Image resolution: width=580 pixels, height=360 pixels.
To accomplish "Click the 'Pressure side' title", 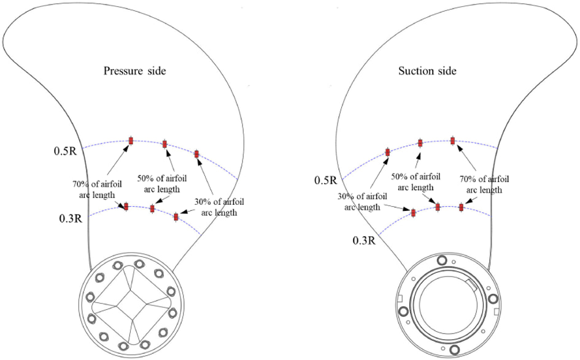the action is click(134, 71).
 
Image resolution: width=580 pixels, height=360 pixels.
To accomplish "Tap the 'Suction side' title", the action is click(427, 71).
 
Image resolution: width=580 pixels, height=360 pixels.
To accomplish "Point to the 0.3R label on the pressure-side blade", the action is click(71, 218).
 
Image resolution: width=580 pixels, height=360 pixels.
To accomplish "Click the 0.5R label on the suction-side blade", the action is click(325, 180).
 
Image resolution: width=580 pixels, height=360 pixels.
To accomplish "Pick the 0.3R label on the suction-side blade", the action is click(364, 241).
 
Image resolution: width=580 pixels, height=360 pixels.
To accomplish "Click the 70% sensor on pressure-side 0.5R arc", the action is click(131, 140).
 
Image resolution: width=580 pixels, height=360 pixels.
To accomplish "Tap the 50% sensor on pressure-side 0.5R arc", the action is click(165, 144).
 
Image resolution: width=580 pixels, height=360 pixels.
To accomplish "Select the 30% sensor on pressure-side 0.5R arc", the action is click(197, 154).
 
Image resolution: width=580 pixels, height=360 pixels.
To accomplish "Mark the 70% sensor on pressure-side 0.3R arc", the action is click(126, 207).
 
